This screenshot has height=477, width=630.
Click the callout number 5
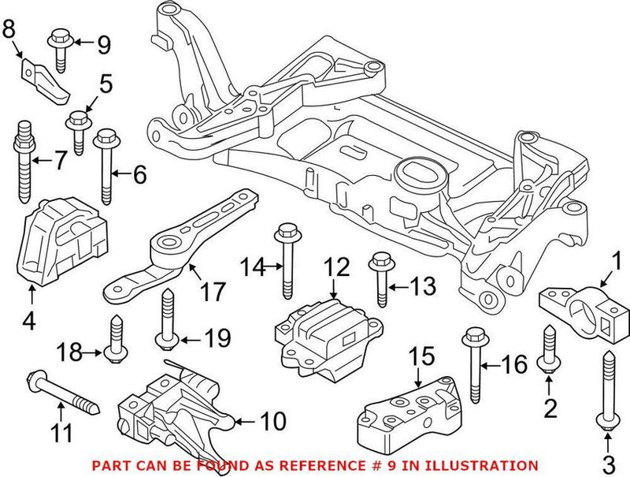(x=105, y=81)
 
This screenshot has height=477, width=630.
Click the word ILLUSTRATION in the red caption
(x=485, y=466)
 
